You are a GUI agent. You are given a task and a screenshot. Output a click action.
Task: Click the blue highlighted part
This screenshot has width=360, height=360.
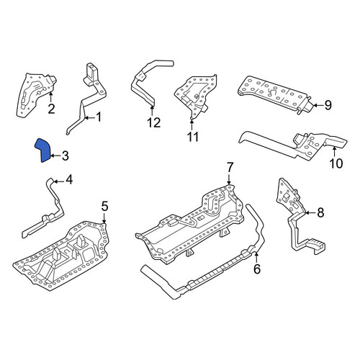pos(43,150)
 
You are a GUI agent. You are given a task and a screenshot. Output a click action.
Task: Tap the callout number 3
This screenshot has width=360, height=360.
pos(66,156)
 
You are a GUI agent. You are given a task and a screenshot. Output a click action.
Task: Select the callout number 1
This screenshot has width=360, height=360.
pos(99,117)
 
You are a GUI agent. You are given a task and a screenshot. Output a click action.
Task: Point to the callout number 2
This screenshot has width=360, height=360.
pos(51,109)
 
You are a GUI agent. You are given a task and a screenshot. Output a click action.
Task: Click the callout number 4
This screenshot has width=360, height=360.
pos(69,179)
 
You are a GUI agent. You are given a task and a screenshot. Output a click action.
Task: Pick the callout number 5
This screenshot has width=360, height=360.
pos(104,207)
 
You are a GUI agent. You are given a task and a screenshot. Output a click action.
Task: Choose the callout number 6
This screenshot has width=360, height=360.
pos(257,269)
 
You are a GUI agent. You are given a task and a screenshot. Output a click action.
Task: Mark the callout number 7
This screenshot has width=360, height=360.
pos(230,168)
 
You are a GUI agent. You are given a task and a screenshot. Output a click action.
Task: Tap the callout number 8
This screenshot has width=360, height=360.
pos(320,212)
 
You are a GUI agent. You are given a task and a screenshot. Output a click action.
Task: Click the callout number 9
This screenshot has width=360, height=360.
pos(328,105)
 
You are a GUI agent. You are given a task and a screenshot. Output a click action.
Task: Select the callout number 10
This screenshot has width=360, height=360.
pos(336,163)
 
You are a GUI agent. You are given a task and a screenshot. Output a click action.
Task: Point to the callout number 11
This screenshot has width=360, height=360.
pos(193,137)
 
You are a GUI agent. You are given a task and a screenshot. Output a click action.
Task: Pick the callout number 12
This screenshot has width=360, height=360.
pos(153,123)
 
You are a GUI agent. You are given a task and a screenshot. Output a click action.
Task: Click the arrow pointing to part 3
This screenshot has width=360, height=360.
pos(55,156)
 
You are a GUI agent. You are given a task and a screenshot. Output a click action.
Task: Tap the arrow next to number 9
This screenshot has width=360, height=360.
pos(318,105)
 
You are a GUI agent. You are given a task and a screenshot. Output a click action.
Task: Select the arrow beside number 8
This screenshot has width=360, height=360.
pos(310,212)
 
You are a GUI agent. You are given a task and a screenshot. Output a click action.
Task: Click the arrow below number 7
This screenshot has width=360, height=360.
pos(229,179)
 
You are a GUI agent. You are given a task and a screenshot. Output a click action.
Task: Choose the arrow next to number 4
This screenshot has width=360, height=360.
pos(59,181)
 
